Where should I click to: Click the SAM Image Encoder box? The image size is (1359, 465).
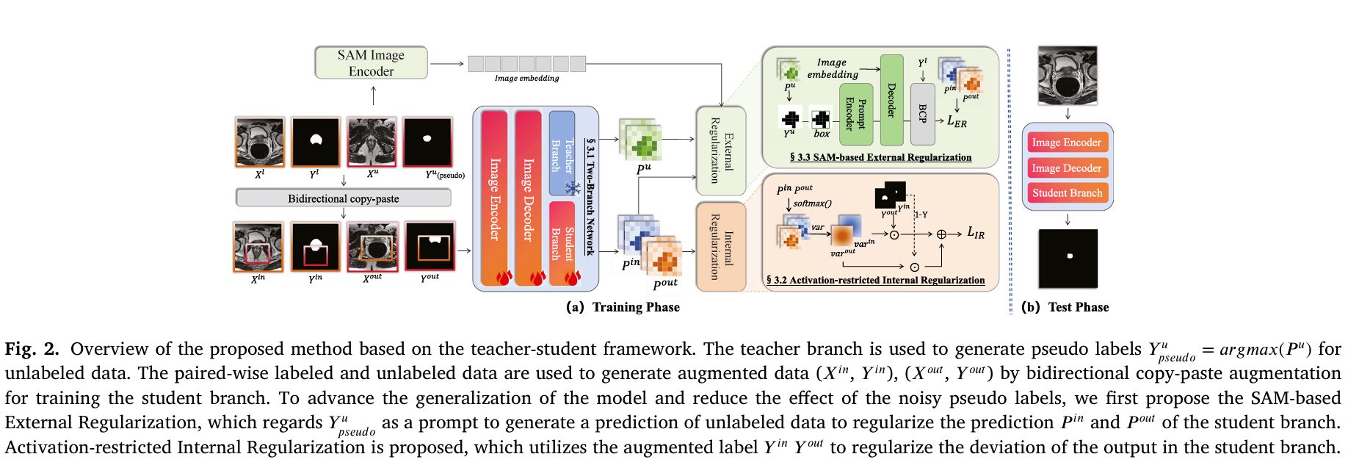coord(371,63)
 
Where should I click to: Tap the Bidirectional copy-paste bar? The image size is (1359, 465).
coord(343,198)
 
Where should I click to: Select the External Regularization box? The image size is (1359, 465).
coord(720,151)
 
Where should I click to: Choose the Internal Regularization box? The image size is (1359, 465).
coord(720,247)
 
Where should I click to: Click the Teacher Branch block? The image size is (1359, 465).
coord(562,153)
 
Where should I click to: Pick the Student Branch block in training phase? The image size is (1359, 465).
coord(562,242)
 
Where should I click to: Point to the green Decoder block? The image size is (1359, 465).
coord(891,100)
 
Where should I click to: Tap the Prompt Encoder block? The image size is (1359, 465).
coord(855,114)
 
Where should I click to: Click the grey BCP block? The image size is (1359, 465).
coord(922,113)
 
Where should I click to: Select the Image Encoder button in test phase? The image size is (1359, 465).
coord(1067,143)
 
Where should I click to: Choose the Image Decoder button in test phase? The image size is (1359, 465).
coord(1067,168)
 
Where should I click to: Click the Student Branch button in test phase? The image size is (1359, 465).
coord(1067,193)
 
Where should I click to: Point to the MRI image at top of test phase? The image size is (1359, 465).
coord(1068,76)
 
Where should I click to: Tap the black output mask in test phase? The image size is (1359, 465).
coord(1068,259)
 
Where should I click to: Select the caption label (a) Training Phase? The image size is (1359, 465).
coord(623,307)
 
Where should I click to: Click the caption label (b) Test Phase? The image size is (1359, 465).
coord(1065,307)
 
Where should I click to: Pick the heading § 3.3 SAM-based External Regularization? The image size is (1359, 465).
coord(880,157)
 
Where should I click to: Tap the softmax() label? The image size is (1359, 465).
coord(812,203)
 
